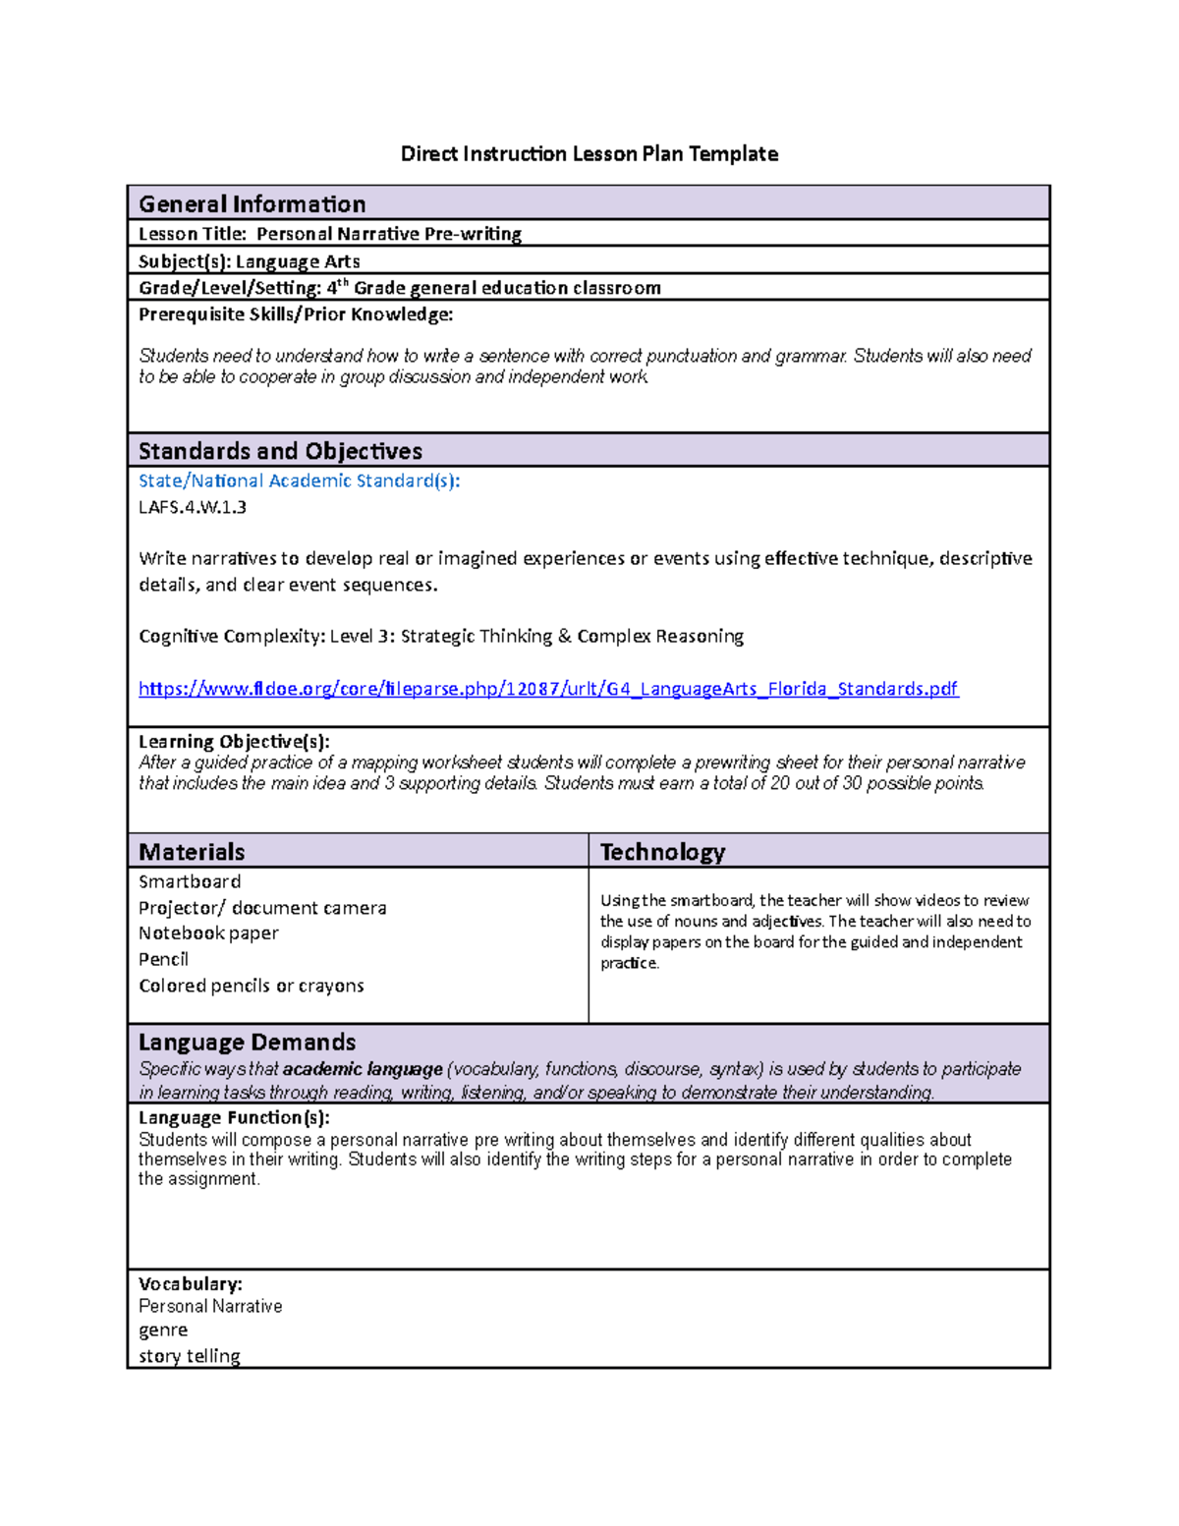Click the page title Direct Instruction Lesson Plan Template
pyautogui.click(x=589, y=153)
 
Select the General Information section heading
pyautogui.click(x=253, y=203)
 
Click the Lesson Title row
pyautogui.click(x=330, y=234)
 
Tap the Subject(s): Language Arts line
pyautogui.click(x=250, y=261)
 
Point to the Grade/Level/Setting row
pyautogui.click(x=399, y=288)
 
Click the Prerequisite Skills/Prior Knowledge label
pyautogui.click(x=296, y=314)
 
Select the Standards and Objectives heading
pyautogui.click(x=280, y=451)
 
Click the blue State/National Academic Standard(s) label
pyautogui.click(x=299, y=480)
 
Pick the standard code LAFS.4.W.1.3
pyautogui.click(x=193, y=507)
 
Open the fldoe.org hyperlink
pyautogui.click(x=548, y=689)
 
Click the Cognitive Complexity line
pyautogui.click(x=441, y=636)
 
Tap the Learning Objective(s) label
pyautogui.click(x=234, y=741)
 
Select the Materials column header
pyautogui.click(x=192, y=852)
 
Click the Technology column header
pyautogui.click(x=662, y=852)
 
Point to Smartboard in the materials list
pyautogui.click(x=190, y=881)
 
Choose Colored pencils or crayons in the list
pyautogui.click(x=252, y=986)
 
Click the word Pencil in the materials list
pyautogui.click(x=163, y=959)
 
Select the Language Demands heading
pyautogui.click(x=247, y=1042)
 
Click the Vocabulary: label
pyautogui.click(x=191, y=1283)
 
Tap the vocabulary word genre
pyautogui.click(x=163, y=1329)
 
